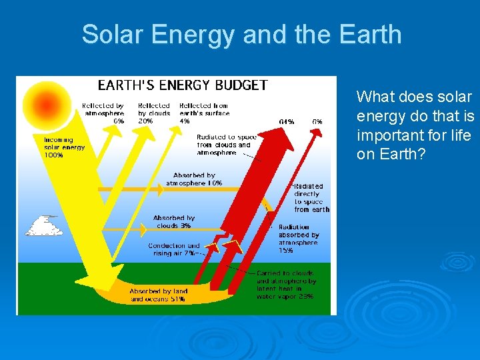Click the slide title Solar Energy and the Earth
[x=241, y=34]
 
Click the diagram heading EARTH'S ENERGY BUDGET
[x=183, y=85]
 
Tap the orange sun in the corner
[x=46, y=103]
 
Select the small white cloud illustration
[x=44, y=226]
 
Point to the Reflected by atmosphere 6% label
[x=103, y=113]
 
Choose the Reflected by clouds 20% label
[x=153, y=113]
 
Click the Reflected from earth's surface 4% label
[x=203, y=113]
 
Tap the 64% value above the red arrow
[x=287, y=122]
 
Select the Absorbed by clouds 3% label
[x=173, y=222]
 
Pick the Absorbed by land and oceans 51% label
[x=158, y=295]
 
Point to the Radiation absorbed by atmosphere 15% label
[x=299, y=239]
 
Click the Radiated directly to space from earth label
[x=311, y=198]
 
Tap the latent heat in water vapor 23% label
[x=286, y=285]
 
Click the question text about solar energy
[x=415, y=125]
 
